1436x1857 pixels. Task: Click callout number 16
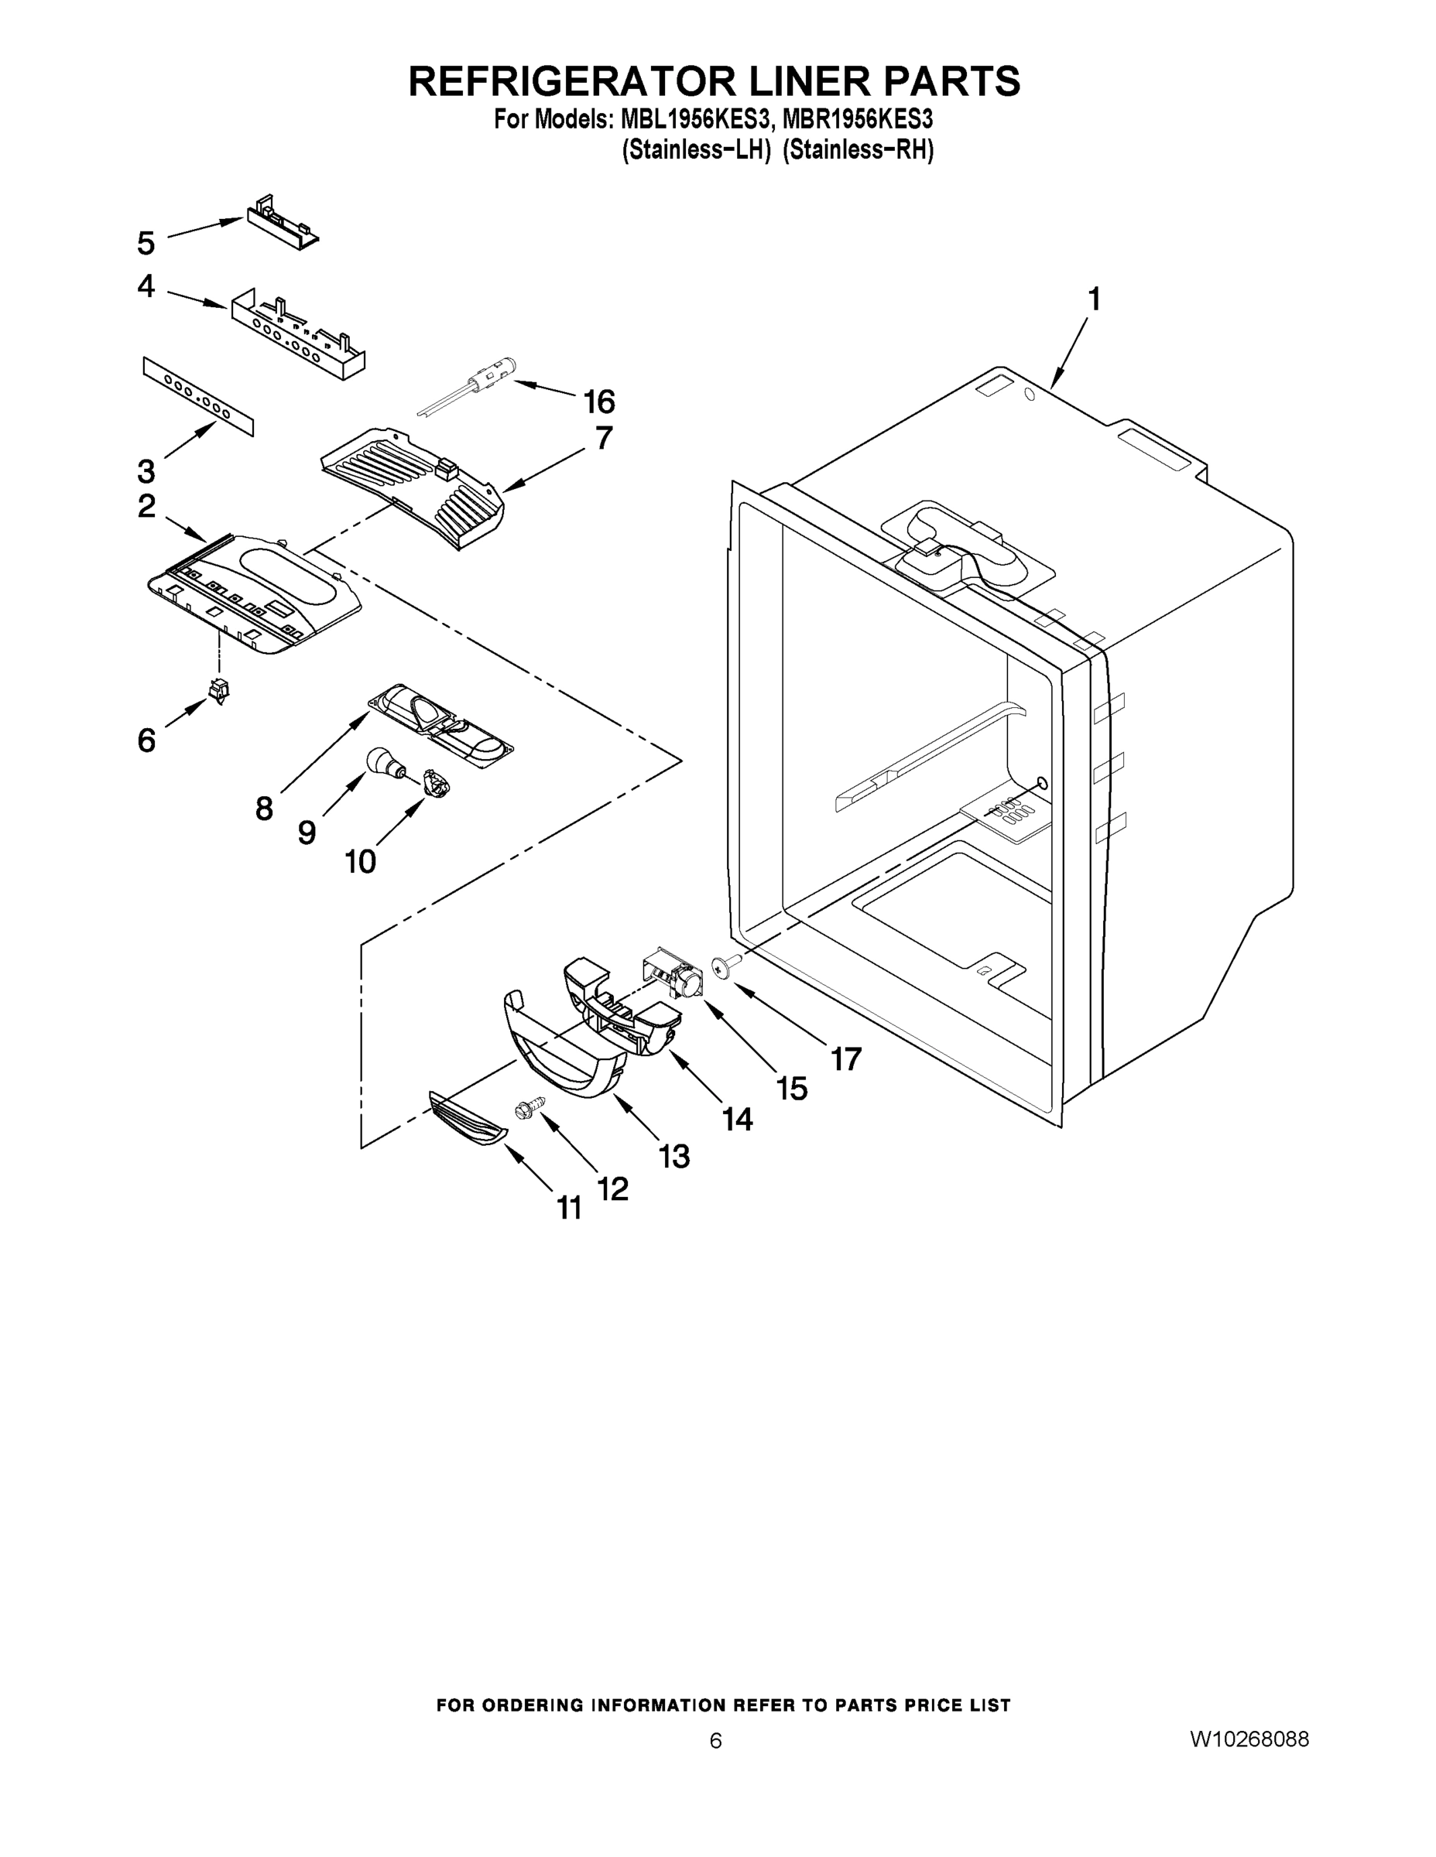pos(599,401)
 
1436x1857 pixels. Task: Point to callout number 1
pos(1094,299)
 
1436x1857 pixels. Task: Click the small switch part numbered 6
pos(220,693)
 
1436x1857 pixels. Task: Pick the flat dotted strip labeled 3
pos(198,395)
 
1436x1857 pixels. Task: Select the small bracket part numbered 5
pos(282,221)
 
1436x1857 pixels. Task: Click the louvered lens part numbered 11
pos(466,1120)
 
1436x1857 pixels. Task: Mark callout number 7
pos(603,438)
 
